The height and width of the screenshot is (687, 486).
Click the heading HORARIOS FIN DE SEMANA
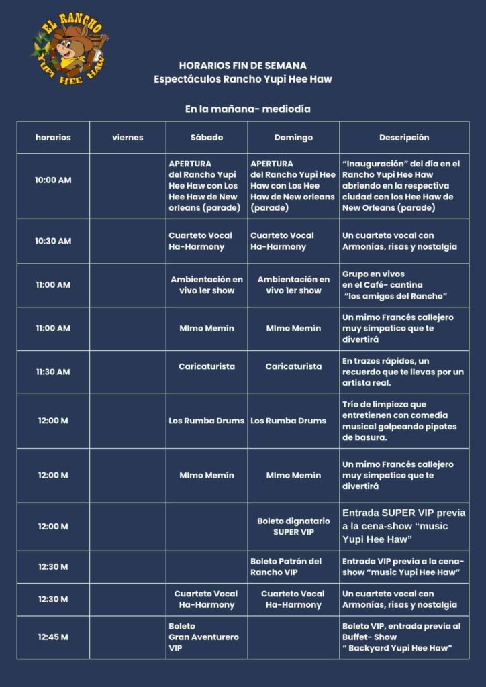(x=243, y=66)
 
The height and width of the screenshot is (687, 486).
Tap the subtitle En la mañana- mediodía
(x=248, y=108)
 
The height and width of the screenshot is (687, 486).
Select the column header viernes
(x=128, y=138)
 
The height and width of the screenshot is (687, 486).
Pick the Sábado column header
(x=206, y=138)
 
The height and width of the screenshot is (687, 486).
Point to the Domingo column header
(x=293, y=138)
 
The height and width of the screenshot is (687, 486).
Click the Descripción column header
(x=404, y=138)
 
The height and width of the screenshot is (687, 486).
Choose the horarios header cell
(x=53, y=138)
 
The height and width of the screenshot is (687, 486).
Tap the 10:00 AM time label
(x=53, y=180)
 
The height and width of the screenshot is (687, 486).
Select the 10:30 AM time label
(x=53, y=241)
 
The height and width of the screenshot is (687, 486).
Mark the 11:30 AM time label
(x=53, y=372)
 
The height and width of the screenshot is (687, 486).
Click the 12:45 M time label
(x=53, y=637)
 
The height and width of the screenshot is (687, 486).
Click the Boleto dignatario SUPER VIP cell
(x=293, y=526)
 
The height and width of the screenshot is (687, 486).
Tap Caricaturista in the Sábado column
(x=206, y=366)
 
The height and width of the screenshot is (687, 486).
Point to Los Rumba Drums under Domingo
(x=288, y=421)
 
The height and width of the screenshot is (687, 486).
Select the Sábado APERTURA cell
(x=204, y=186)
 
